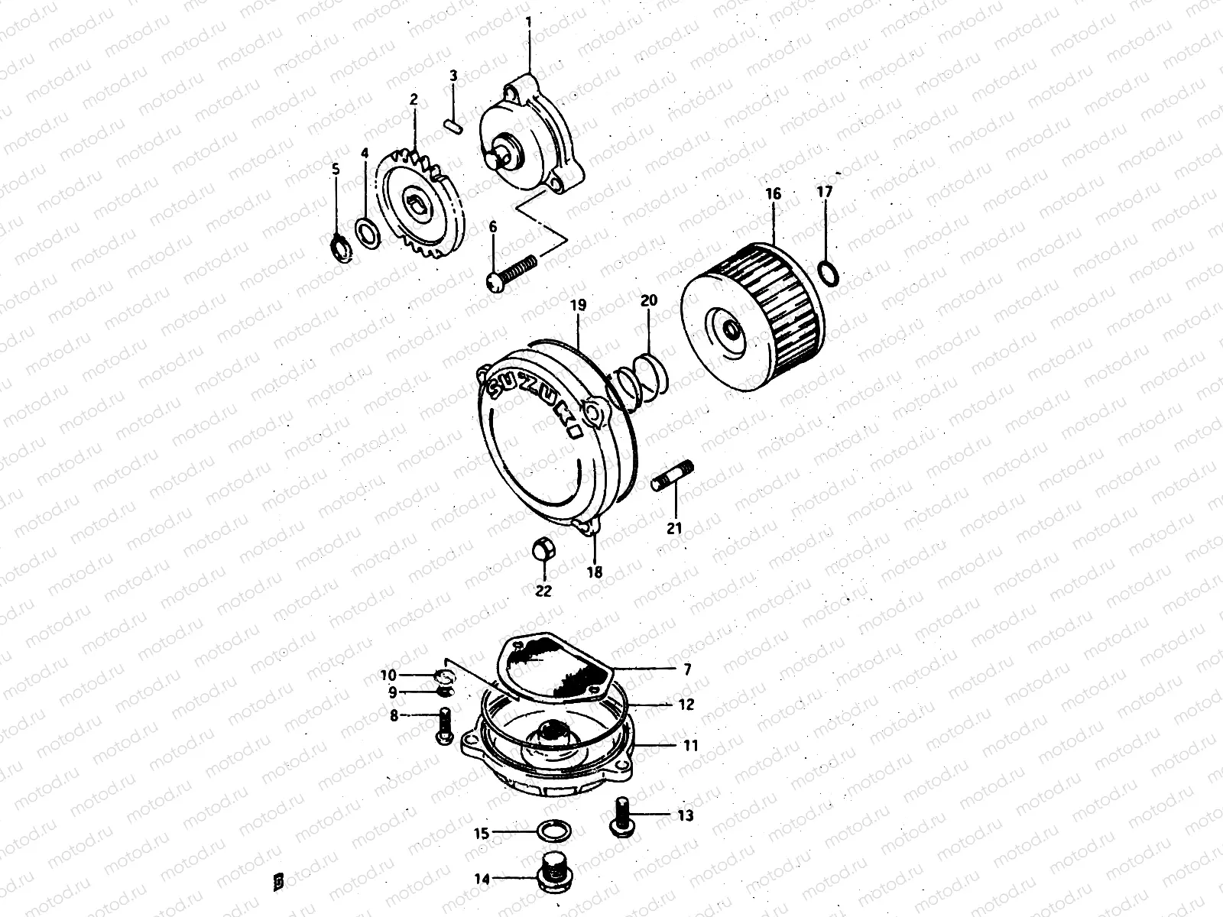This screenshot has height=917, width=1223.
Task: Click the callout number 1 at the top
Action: [528, 23]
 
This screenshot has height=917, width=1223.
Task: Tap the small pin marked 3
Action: [453, 126]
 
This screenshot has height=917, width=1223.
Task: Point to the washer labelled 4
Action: [368, 234]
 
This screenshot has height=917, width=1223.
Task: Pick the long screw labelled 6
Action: [511, 273]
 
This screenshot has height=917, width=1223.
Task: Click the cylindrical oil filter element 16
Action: [752, 316]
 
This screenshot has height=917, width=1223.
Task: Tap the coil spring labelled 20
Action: [638, 381]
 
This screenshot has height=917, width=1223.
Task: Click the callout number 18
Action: [595, 572]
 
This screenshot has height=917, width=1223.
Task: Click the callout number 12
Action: [686, 705]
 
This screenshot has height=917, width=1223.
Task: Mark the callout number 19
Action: [579, 305]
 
